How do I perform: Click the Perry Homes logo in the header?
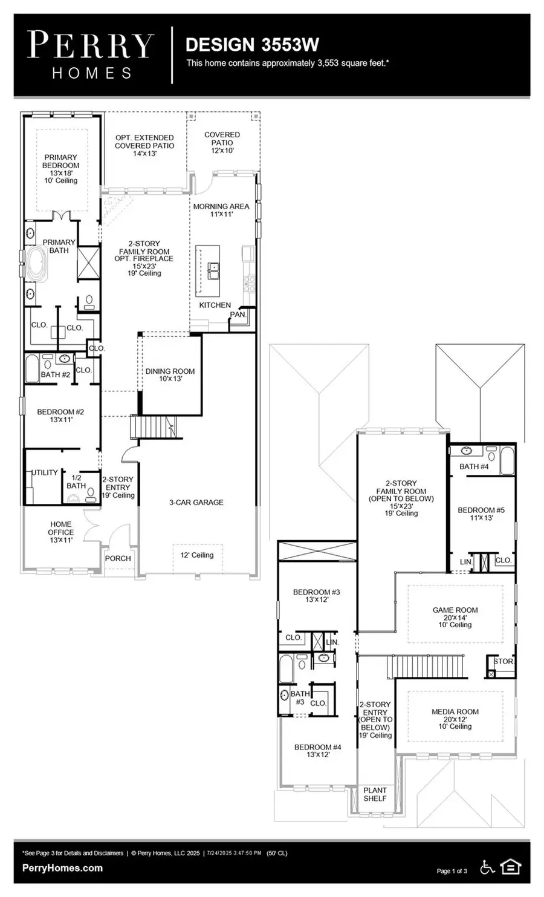point(91,55)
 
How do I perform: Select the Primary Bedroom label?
point(60,161)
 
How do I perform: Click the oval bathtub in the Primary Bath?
point(37,263)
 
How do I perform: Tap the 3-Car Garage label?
point(196,502)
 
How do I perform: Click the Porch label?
point(118,558)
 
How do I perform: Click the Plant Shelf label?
point(375,794)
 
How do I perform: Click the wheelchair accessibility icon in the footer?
point(487,867)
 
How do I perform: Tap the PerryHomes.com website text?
point(62,868)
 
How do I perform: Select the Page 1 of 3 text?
point(452,871)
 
